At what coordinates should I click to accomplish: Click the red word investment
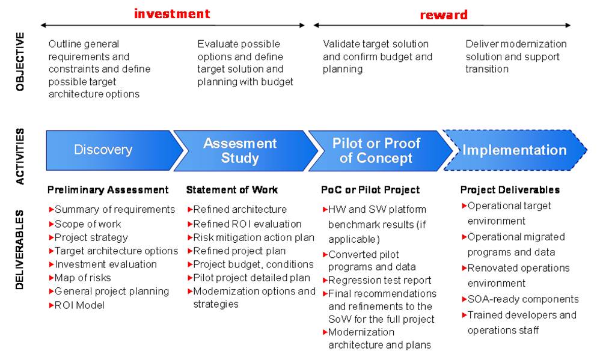(x=172, y=14)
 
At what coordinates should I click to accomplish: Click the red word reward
(x=444, y=15)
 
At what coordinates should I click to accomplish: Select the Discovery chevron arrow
(x=114, y=150)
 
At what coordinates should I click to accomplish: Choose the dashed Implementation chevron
(x=515, y=150)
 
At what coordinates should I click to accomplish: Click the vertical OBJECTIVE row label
(x=20, y=62)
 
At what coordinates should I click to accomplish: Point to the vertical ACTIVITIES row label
(x=20, y=156)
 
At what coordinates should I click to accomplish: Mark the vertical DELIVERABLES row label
(x=20, y=249)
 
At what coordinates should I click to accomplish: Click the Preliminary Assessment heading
(x=108, y=190)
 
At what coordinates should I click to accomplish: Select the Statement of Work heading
(x=232, y=190)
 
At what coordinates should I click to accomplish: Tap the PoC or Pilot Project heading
(x=370, y=190)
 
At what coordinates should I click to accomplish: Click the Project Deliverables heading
(x=510, y=190)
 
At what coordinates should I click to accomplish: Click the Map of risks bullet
(x=80, y=278)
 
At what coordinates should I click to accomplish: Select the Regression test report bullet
(x=377, y=281)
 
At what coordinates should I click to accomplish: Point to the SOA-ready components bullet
(x=520, y=299)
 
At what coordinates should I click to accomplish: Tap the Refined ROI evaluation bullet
(x=245, y=224)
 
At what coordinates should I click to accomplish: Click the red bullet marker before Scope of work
(x=51, y=224)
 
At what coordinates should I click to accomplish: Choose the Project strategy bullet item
(x=88, y=238)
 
